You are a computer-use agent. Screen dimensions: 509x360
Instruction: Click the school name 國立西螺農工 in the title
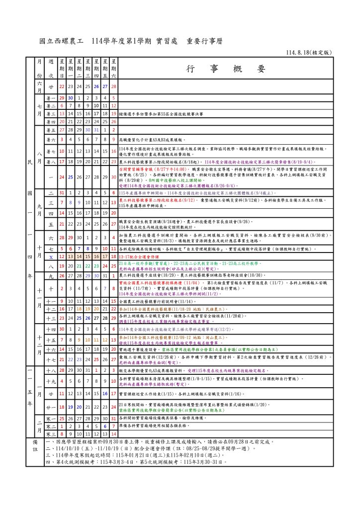(x=63, y=42)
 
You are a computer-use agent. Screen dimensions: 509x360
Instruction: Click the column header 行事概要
(x=226, y=69)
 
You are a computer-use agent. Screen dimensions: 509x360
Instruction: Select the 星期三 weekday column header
(x=88, y=68)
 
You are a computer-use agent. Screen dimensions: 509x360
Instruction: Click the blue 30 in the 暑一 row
(x=71, y=98)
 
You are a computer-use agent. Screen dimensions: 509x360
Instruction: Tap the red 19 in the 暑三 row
(x=114, y=114)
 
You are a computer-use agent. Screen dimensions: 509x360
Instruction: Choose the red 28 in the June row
(x=114, y=86)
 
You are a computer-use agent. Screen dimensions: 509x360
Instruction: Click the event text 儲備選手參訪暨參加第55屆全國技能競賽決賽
(x=161, y=114)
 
